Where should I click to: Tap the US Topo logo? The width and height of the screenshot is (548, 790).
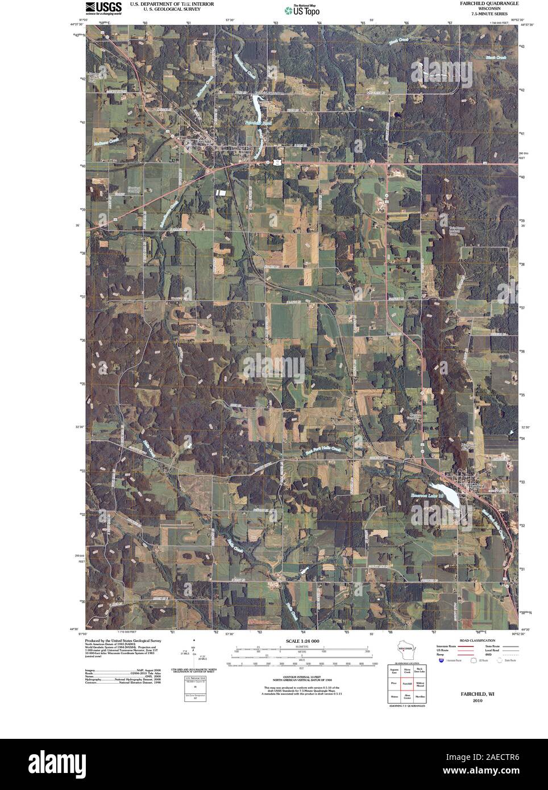[x=301, y=10]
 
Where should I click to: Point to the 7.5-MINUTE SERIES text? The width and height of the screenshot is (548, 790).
[x=486, y=13]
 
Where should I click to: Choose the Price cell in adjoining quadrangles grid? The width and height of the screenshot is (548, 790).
[x=392, y=682]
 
